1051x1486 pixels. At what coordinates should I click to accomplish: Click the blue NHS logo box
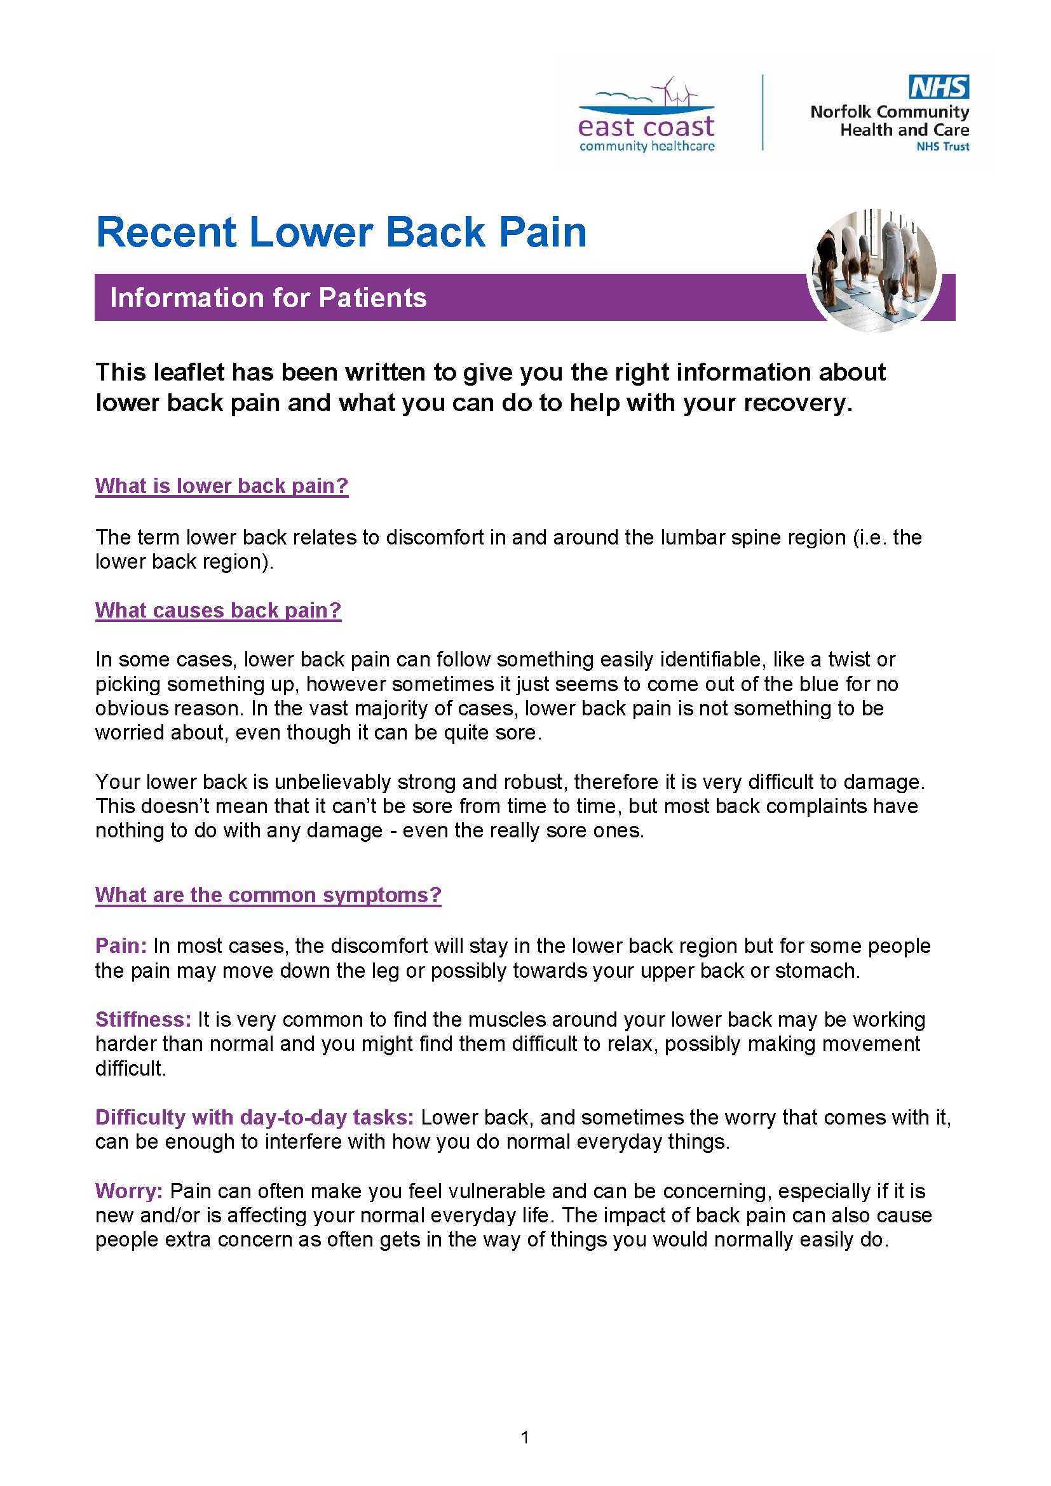pyautogui.click(x=939, y=87)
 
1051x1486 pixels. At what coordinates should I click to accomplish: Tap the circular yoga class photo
pyautogui.click(x=874, y=271)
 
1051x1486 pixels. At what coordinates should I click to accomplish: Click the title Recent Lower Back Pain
pyautogui.click(x=341, y=232)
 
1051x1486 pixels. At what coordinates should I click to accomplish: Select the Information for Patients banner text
pyautogui.click(x=268, y=298)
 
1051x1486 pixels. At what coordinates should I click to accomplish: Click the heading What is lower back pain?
pyautogui.click(x=221, y=485)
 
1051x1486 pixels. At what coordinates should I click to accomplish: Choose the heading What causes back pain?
pyautogui.click(x=218, y=610)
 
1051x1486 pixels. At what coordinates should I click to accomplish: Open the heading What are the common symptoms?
pyautogui.click(x=268, y=895)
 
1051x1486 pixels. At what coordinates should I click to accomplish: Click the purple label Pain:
pyautogui.click(x=121, y=945)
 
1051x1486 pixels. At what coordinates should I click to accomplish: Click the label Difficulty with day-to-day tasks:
pyautogui.click(x=254, y=1117)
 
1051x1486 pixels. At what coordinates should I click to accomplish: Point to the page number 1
pyautogui.click(x=525, y=1437)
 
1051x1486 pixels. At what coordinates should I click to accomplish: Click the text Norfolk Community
pyautogui.click(x=889, y=112)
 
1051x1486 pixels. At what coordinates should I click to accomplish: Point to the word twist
pyautogui.click(x=848, y=659)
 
